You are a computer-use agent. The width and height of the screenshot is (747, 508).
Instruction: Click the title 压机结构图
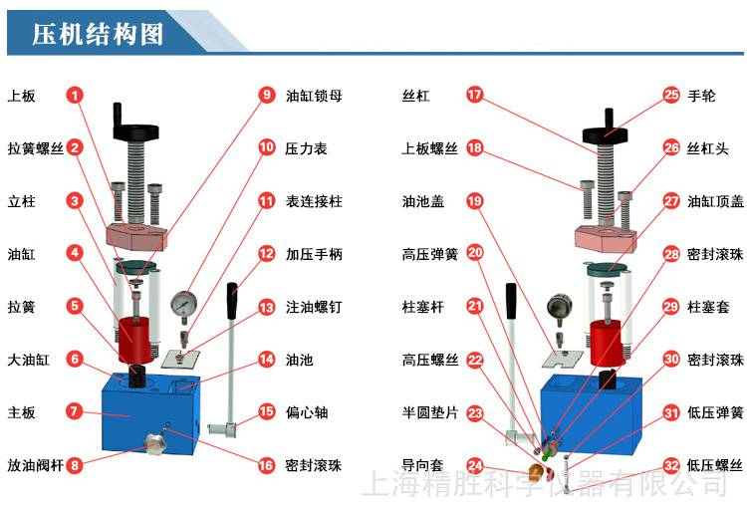click(97, 35)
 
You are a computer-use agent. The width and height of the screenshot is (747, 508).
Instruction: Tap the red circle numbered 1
click(76, 96)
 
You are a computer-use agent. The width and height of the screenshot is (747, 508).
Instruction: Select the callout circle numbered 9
click(266, 96)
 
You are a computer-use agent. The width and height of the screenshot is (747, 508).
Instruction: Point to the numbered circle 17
click(475, 96)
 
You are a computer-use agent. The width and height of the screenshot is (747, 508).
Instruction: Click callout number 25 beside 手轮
click(671, 96)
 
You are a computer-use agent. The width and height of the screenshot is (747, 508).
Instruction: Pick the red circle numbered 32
click(671, 464)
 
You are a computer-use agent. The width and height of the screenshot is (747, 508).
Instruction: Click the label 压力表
click(306, 148)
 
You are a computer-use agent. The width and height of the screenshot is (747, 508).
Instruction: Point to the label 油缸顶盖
click(715, 201)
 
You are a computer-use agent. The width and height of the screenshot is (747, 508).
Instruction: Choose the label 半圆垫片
click(429, 412)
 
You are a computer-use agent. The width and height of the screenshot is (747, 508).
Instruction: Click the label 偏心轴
click(306, 412)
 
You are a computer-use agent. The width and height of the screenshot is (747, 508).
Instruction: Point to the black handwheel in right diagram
click(609, 129)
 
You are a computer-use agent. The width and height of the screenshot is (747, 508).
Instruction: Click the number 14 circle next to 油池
click(266, 360)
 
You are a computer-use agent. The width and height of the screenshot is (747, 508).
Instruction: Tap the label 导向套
click(422, 464)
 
